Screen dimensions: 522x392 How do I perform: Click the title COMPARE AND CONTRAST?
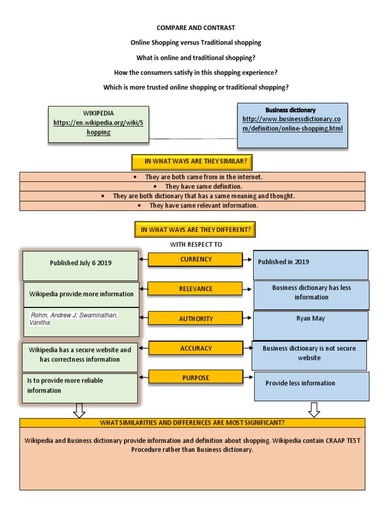click(196, 28)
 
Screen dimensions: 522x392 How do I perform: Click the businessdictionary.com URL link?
click(292, 124)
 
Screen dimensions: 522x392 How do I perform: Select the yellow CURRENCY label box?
click(195, 259)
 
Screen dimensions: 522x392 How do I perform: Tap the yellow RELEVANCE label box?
click(195, 289)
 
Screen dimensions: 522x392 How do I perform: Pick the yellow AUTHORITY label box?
click(195, 319)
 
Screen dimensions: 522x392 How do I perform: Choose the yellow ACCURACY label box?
click(195, 349)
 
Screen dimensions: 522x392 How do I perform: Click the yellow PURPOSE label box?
click(195, 378)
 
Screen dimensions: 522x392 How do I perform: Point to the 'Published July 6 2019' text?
click(81, 264)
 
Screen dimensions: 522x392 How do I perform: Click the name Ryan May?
click(310, 319)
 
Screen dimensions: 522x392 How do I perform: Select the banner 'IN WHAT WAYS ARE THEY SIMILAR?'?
click(192, 162)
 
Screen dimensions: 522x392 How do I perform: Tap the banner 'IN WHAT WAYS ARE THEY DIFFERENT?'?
click(195, 230)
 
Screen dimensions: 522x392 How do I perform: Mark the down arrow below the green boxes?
click(79, 410)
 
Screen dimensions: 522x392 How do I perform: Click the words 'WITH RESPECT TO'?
click(196, 245)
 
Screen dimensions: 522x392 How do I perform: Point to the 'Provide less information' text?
click(300, 383)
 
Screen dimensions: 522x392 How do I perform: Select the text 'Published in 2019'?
click(283, 262)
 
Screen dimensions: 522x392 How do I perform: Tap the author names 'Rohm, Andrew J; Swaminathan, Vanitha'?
click(75, 319)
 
